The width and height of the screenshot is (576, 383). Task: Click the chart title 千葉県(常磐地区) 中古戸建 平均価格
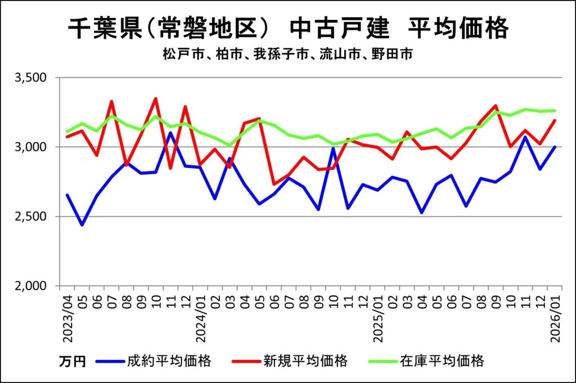[287, 28]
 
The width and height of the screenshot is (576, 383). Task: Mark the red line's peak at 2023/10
[156, 99]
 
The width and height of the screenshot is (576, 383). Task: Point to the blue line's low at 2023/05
[82, 225]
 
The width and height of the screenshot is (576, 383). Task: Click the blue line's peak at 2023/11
[170, 133]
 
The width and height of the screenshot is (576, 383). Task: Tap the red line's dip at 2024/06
[274, 184]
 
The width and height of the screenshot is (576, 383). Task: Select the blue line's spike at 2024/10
[334, 147]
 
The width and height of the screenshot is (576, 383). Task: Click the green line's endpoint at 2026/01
[555, 110]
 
